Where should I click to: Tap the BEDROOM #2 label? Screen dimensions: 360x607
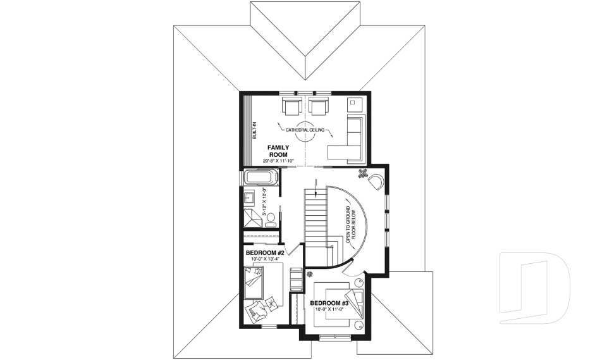[x=263, y=252]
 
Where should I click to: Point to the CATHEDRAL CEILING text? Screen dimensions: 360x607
[x=305, y=130]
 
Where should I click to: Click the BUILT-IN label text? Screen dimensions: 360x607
[x=255, y=129]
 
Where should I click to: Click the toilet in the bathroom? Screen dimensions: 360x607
[x=269, y=219]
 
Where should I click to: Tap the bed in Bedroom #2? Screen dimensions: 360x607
[x=256, y=282]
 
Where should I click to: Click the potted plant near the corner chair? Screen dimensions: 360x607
[x=364, y=173]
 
